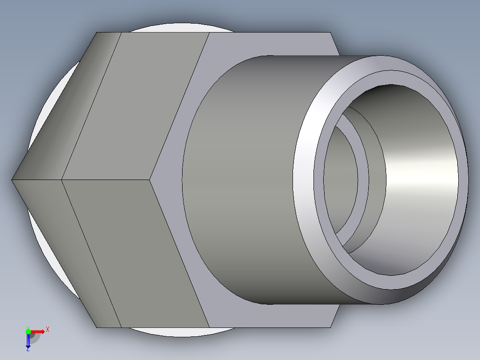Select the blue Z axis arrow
click(x=28, y=341)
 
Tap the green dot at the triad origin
click(x=28, y=331)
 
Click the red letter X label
click(x=47, y=330)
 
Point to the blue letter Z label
click(x=28, y=350)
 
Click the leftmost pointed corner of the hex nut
click(x=12, y=180)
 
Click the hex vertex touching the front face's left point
click(x=151, y=180)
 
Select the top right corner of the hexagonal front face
click(x=331, y=33)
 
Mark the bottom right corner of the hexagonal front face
click(x=331, y=327)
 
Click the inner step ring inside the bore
click(x=363, y=178)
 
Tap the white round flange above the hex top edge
click(x=178, y=28)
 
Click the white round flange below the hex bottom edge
click(x=178, y=332)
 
